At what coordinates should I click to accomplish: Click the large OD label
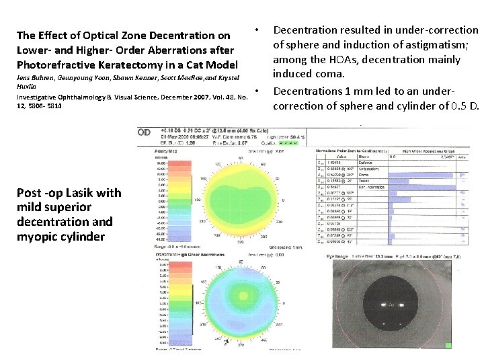point(145,132)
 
